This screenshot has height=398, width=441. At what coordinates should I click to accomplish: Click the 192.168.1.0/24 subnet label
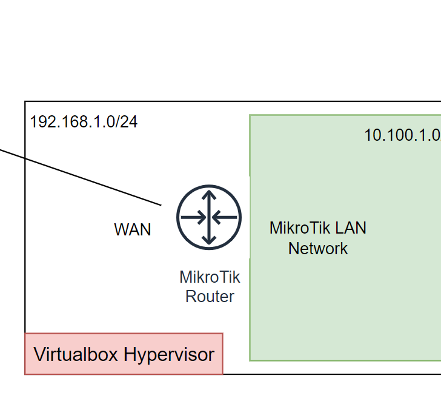click(84, 122)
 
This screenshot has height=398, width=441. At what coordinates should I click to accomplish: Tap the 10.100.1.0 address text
click(402, 135)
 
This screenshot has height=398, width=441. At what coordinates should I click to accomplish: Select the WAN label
click(132, 230)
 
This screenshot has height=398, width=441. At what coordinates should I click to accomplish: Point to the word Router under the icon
click(210, 297)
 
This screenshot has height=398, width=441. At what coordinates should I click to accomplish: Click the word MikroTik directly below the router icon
click(210, 277)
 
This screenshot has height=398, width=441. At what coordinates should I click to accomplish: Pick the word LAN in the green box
click(351, 228)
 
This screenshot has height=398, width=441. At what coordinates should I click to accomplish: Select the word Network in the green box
click(318, 248)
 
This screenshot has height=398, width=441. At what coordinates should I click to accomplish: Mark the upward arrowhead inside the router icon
click(209, 195)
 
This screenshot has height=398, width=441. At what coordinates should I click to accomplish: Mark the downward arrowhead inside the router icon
click(209, 240)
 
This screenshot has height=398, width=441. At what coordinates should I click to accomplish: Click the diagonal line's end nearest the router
click(161, 204)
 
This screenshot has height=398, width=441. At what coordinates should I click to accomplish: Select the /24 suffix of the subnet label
click(127, 122)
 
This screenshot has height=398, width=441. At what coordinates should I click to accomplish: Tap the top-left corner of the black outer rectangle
click(25, 102)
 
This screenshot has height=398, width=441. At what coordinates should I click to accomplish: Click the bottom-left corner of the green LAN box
click(250, 360)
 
